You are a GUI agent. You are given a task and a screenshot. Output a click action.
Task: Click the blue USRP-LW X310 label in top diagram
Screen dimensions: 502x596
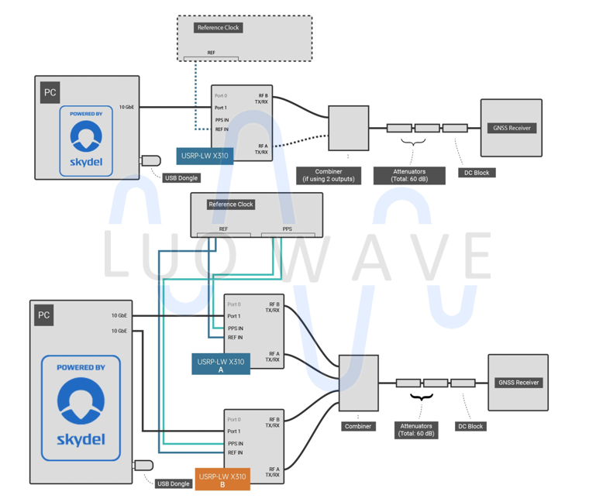pyautogui.click(x=205, y=156)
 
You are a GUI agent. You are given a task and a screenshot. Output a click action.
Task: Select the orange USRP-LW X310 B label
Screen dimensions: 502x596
pyautogui.click(x=222, y=480)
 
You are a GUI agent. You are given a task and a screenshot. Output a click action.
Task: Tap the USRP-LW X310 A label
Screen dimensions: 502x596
pyautogui.click(x=221, y=365)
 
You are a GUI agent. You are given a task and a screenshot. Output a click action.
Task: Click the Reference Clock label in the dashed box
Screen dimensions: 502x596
pyautogui.click(x=219, y=28)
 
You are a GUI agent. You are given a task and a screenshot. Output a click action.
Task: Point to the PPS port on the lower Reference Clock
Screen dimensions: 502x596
pyautogui.click(x=288, y=230)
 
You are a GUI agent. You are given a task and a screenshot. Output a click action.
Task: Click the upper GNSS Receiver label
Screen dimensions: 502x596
pyautogui.click(x=512, y=128)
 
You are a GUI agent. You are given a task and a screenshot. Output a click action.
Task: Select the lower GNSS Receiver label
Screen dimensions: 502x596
pyautogui.click(x=518, y=383)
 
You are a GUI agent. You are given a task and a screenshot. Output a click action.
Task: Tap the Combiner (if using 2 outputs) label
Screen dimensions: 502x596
pyautogui.click(x=329, y=175)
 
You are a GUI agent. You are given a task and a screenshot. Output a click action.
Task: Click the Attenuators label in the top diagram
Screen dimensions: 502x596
pyautogui.click(x=409, y=175)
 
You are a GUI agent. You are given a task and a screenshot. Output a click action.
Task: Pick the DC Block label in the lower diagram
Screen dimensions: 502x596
pyautogui.click(x=470, y=427)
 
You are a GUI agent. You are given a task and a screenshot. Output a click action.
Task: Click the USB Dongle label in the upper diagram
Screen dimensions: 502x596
pyautogui.click(x=181, y=178)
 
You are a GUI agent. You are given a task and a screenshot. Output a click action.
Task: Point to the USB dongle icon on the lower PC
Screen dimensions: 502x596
pyautogui.click(x=144, y=466)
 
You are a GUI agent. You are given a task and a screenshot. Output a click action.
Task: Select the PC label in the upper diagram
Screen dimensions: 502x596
pyautogui.click(x=50, y=93)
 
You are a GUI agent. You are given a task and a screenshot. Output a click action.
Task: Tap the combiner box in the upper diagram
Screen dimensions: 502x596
pyautogui.click(x=348, y=129)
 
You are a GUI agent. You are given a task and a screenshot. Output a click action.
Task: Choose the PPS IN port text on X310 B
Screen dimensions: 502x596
pyautogui.click(x=235, y=444)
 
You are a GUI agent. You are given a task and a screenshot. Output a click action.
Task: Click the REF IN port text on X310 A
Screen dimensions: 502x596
pyautogui.click(x=235, y=338)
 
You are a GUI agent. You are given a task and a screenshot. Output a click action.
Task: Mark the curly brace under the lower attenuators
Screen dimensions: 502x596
pyautogui.click(x=421, y=397)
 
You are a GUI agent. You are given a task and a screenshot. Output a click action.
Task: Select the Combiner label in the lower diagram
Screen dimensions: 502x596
pyautogui.click(x=358, y=427)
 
